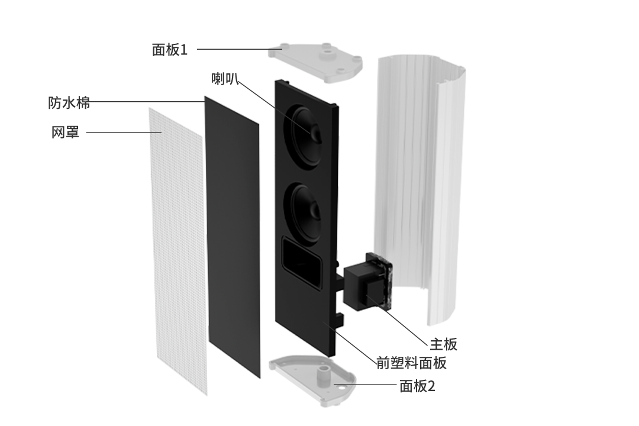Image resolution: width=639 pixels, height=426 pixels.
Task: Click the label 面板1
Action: click(170, 50)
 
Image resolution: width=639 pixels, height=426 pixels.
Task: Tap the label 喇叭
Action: click(225, 78)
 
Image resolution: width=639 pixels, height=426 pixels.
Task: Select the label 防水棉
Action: click(69, 103)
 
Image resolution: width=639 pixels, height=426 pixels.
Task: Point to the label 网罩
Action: click(65, 132)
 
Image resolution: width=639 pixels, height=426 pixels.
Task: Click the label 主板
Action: click(443, 344)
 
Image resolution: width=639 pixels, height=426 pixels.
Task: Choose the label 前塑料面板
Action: click(412, 363)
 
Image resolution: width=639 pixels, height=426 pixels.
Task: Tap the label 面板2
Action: click(417, 386)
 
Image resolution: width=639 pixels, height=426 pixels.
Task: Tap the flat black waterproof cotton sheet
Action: click(233, 237)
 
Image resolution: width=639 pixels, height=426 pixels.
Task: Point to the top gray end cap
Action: click(315, 61)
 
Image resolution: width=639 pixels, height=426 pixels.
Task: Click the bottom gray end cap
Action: click(312, 380)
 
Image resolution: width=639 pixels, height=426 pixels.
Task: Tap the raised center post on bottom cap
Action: click(324, 373)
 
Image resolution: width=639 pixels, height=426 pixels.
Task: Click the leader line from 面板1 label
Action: click(240, 49)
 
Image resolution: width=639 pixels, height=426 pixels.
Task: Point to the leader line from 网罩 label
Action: click(124, 132)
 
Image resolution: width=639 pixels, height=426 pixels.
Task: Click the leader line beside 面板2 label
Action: click(365, 385)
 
